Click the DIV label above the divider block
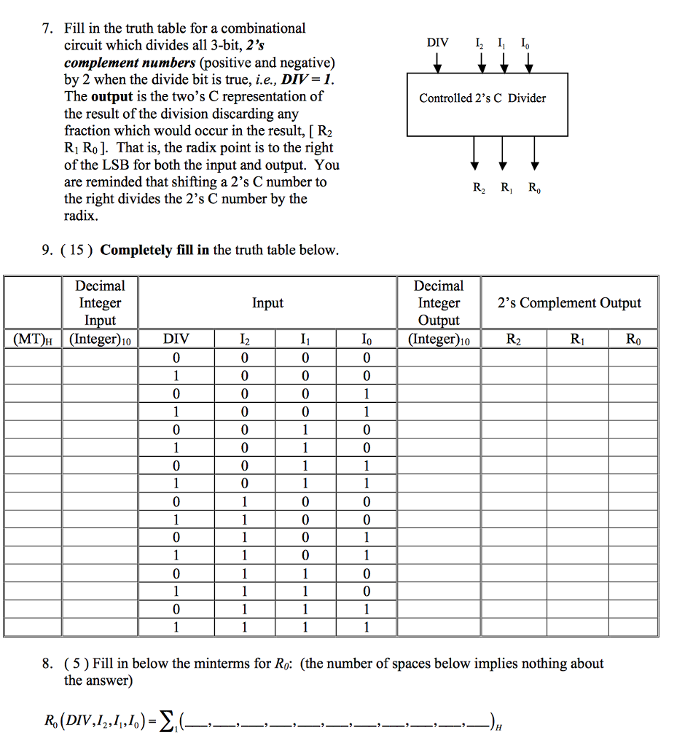pyautogui.click(x=437, y=42)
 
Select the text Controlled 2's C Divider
pyautogui.click(x=482, y=98)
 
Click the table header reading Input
pyautogui.click(x=267, y=303)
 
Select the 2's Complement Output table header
pyautogui.click(x=569, y=303)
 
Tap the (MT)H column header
pyautogui.click(x=33, y=339)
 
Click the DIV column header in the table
pyautogui.click(x=176, y=339)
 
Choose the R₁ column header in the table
pyautogui.click(x=577, y=339)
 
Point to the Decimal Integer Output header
pyautogui.click(x=438, y=303)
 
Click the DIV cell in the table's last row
pyautogui.click(x=176, y=627)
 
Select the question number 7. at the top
pyautogui.click(x=47, y=29)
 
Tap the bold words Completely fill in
pyautogui.click(x=154, y=251)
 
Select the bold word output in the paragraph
pyautogui.click(x=111, y=97)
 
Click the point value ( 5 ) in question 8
pyautogui.click(x=77, y=664)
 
